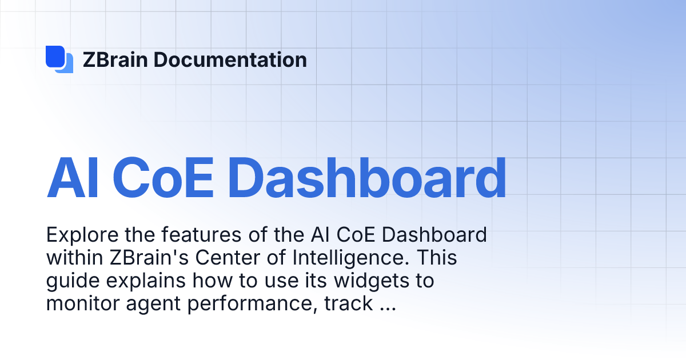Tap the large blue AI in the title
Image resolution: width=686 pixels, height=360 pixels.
pyautogui.click(x=67, y=178)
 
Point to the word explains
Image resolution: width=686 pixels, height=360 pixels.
pyautogui.click(x=137, y=282)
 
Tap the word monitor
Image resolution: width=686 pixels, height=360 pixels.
pyautogui.click(x=79, y=303)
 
